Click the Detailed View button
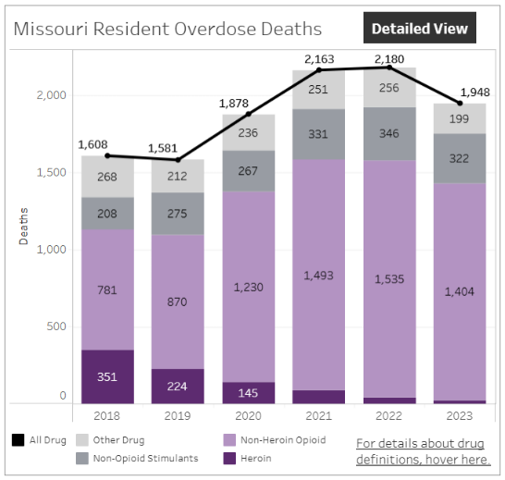click(x=419, y=29)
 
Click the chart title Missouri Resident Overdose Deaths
click(x=167, y=30)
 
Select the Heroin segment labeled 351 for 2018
click(x=107, y=375)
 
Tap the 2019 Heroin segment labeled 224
click(x=178, y=386)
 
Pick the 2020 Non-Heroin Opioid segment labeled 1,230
click(x=248, y=287)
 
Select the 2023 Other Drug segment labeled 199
click(x=460, y=118)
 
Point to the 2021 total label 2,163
click(x=318, y=58)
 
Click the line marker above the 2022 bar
click(x=388, y=67)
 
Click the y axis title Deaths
click(x=24, y=226)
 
